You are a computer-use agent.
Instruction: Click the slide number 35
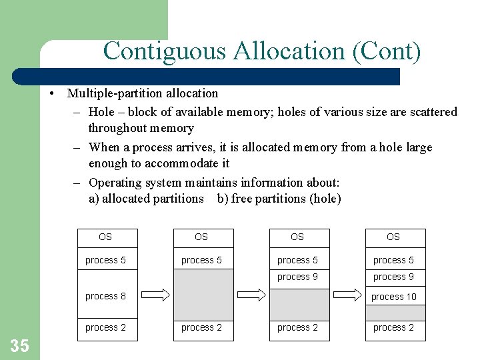point(20,345)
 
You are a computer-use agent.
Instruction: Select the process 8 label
point(105,296)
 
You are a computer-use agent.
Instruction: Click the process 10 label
point(393,297)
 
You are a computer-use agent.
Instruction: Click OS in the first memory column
point(105,237)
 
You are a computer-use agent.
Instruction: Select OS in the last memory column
point(393,237)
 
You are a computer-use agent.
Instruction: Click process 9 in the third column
point(297,277)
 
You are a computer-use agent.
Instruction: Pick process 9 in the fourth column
point(393,277)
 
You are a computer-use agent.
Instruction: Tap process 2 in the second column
point(201,327)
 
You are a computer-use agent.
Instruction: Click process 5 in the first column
point(105,260)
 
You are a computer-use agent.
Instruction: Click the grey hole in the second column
point(203,294)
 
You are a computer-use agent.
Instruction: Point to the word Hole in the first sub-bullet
point(101,112)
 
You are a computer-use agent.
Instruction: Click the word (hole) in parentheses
point(325,199)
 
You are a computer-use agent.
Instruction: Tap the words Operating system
point(129,183)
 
